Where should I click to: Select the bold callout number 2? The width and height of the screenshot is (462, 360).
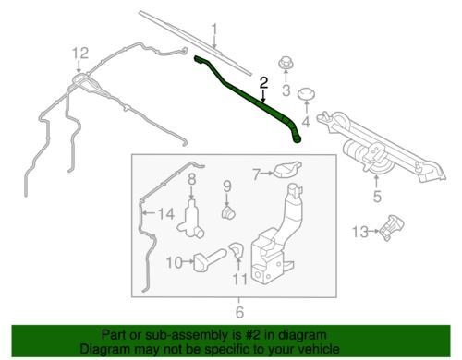pyautogui.click(x=263, y=83)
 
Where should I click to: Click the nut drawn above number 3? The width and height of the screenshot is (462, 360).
pyautogui.click(x=286, y=63)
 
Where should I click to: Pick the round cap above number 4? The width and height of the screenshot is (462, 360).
pyautogui.click(x=307, y=94)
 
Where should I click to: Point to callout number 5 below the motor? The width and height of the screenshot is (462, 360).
pyautogui.click(x=377, y=196)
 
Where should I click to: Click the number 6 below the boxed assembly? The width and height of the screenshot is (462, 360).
pyautogui.click(x=239, y=312)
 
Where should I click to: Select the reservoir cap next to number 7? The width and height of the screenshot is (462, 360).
pyautogui.click(x=287, y=170)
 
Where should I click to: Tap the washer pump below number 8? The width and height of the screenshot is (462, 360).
pyautogui.click(x=190, y=220)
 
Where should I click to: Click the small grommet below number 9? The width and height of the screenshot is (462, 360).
pyautogui.click(x=228, y=212)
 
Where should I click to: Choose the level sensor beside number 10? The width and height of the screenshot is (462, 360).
pyautogui.click(x=209, y=259)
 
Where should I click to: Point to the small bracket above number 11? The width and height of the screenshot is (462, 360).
pyautogui.click(x=237, y=249)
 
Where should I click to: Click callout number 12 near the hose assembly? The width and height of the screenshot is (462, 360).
pyautogui.click(x=80, y=54)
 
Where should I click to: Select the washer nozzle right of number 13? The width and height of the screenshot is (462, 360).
pyautogui.click(x=392, y=228)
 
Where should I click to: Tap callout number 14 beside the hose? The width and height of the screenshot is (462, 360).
pyautogui.click(x=166, y=213)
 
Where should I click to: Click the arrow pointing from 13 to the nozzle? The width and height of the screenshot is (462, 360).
pyautogui.click(x=374, y=231)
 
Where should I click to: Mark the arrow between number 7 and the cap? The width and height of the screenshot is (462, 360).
pyautogui.click(x=267, y=174)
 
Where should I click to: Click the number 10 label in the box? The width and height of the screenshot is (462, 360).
pyautogui.click(x=175, y=262)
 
